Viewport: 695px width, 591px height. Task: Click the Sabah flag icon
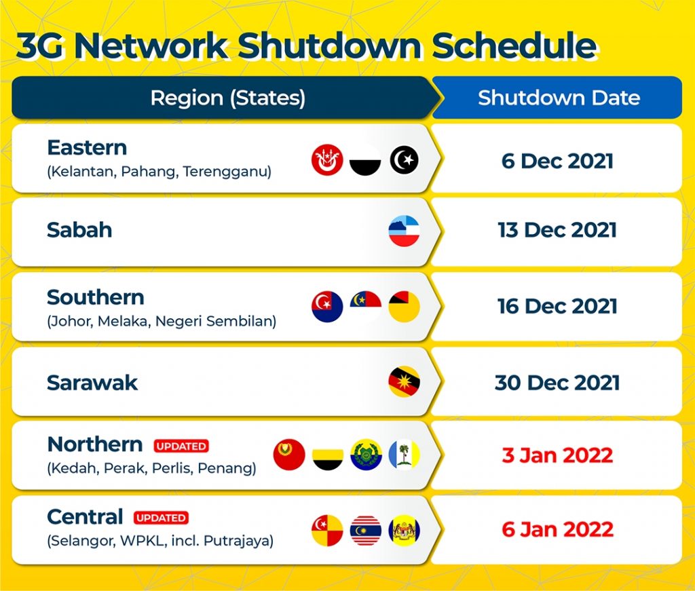click(x=404, y=231)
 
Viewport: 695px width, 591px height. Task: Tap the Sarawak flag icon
click(x=404, y=381)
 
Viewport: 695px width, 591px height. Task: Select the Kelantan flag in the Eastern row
click(x=327, y=160)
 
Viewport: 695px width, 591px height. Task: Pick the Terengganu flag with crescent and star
click(x=405, y=160)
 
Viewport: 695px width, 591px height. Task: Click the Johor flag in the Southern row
click(x=327, y=307)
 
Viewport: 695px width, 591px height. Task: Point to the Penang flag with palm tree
click(x=404, y=455)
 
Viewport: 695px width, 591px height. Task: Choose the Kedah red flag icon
click(x=289, y=455)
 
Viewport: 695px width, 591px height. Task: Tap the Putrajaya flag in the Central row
click(x=404, y=531)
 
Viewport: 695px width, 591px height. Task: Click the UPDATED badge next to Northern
click(x=181, y=446)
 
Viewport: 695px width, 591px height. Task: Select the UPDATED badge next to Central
click(x=161, y=518)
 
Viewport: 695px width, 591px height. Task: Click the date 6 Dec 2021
click(x=557, y=161)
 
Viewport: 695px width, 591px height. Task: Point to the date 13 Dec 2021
click(x=557, y=230)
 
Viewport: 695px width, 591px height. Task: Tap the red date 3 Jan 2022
click(x=557, y=455)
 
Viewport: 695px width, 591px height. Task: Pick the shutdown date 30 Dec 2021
click(x=557, y=383)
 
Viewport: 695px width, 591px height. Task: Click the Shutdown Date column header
click(x=559, y=98)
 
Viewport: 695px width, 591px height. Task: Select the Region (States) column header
click(x=228, y=98)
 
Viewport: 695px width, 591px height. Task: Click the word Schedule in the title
click(x=514, y=45)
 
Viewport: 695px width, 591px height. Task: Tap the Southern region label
click(x=96, y=297)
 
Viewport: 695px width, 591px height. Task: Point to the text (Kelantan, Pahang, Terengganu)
click(x=159, y=172)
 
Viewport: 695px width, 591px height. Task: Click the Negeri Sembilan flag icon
click(x=404, y=307)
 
